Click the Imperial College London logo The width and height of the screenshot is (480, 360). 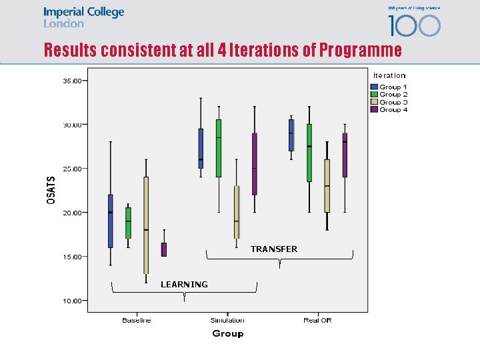click(83, 17)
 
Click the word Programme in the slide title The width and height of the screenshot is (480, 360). click(361, 51)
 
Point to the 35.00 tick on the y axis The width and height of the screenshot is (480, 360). click(71, 81)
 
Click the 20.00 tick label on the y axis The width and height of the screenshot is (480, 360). click(71, 213)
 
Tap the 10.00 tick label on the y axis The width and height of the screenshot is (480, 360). click(71, 301)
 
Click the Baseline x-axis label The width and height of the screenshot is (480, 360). click(137, 321)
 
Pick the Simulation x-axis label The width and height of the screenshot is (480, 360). click(227, 321)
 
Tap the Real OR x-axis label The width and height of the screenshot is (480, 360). click(317, 321)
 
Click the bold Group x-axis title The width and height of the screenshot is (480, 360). click(227, 333)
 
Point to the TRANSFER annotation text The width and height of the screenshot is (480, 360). click(274, 249)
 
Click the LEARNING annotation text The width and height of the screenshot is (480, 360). click(184, 285)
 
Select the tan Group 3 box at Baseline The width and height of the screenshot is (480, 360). click(146, 225)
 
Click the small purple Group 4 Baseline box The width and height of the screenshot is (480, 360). click(164, 249)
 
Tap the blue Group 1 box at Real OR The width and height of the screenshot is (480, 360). click(291, 135)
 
